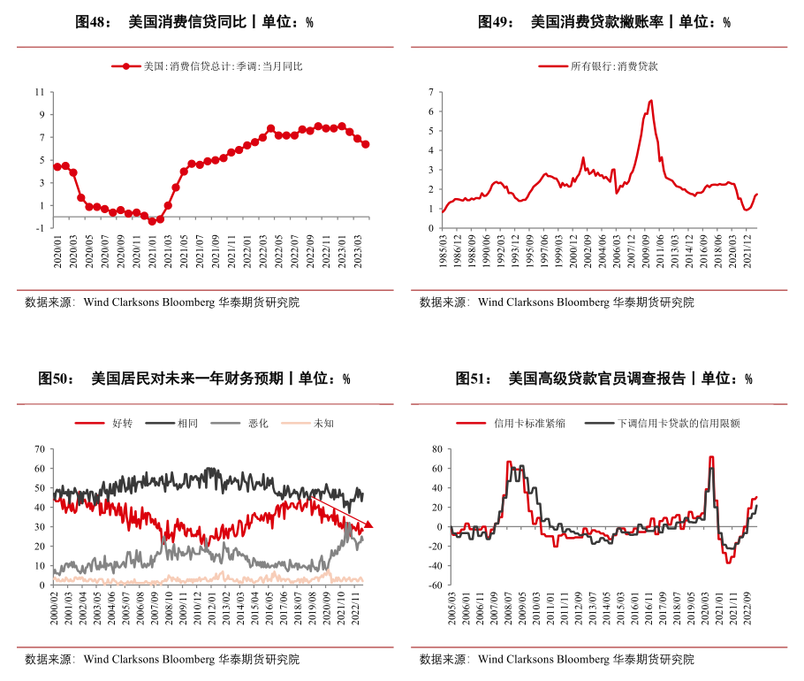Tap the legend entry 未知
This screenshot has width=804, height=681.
(323, 423)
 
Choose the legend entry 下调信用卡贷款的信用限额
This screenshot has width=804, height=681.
(679, 423)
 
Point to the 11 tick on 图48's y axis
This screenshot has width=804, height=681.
(39, 91)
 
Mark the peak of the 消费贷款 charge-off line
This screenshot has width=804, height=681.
(650, 101)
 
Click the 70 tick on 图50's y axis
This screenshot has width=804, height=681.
(39, 448)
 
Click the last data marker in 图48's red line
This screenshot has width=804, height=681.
(366, 144)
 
